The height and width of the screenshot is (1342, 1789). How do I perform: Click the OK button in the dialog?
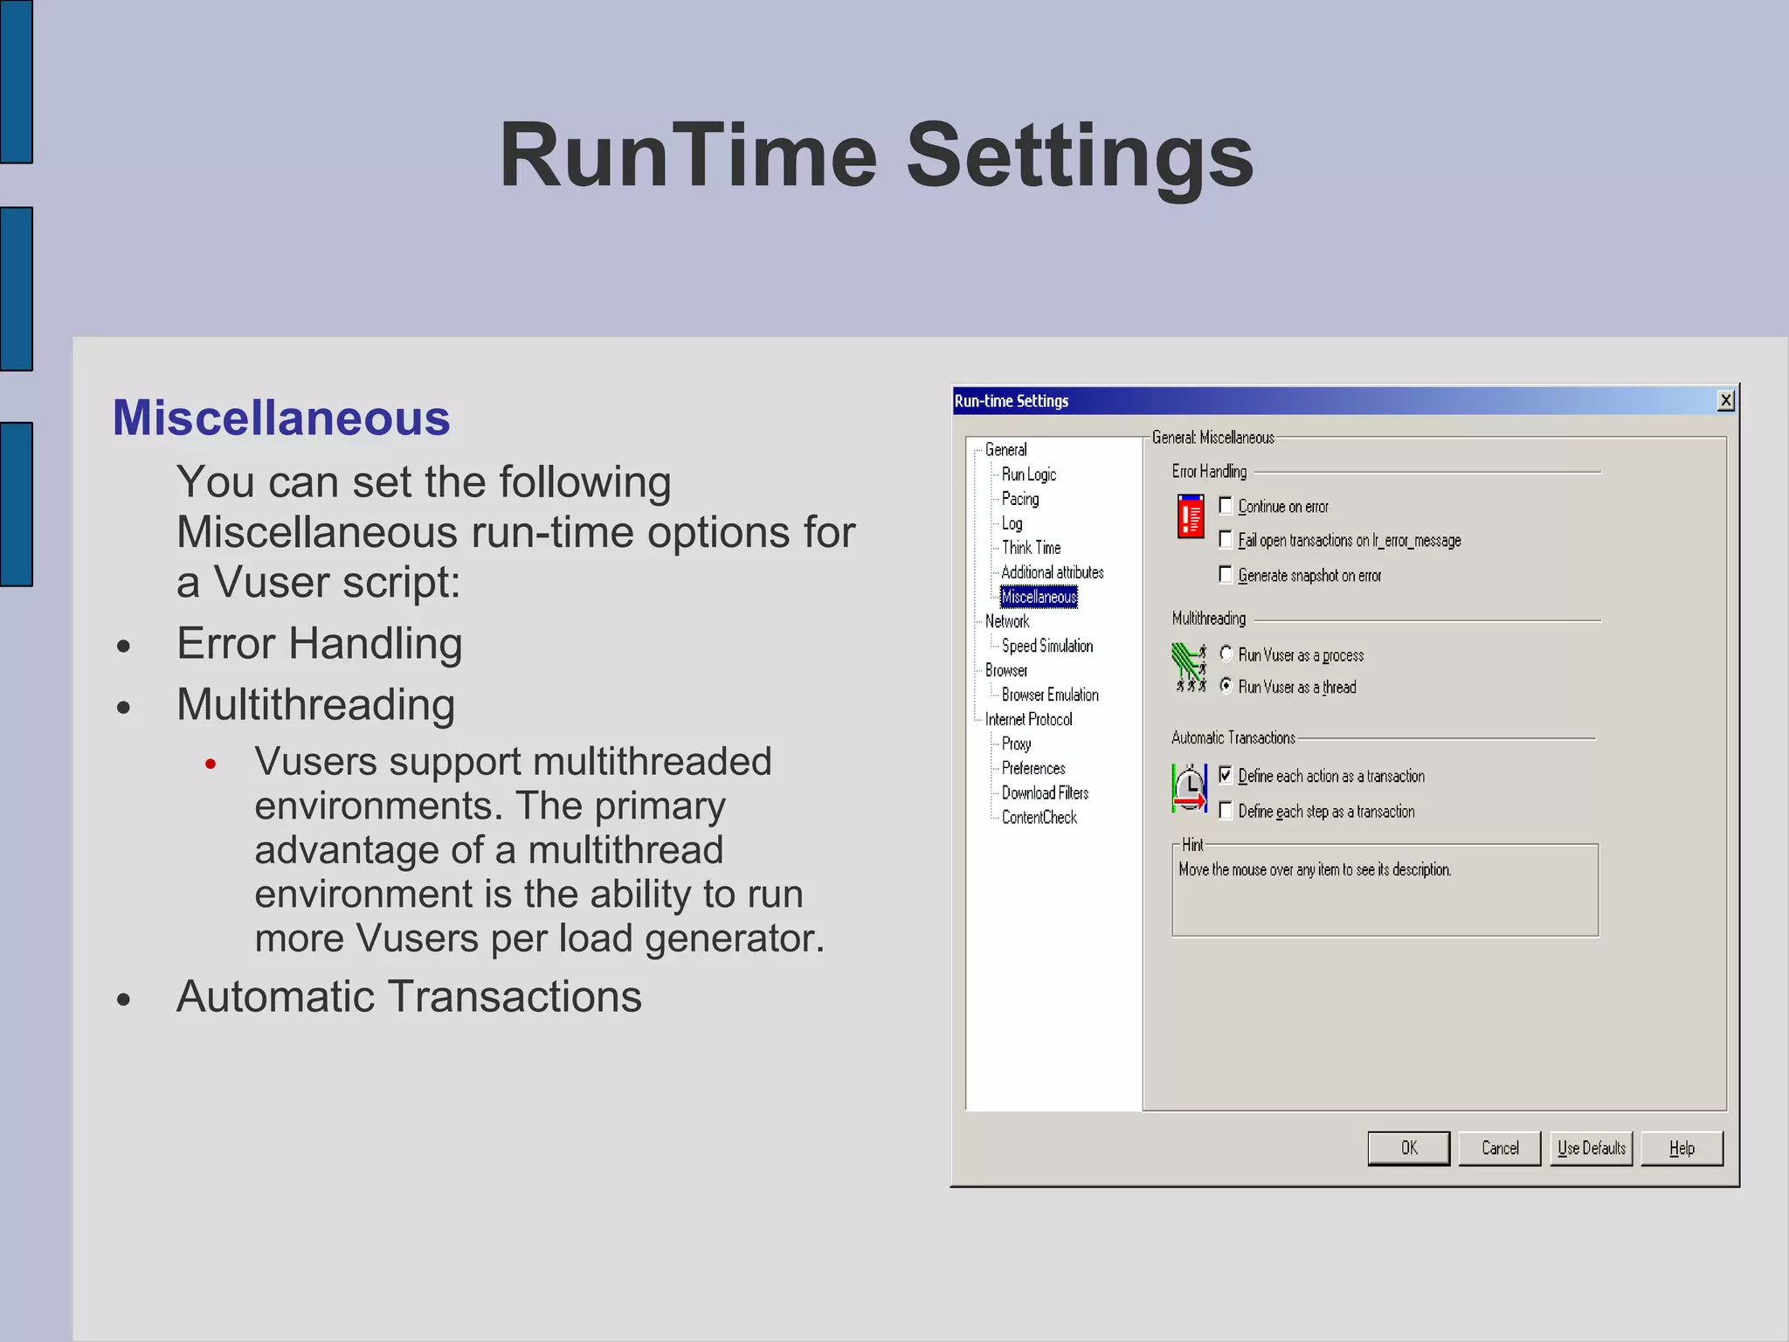(x=1408, y=1148)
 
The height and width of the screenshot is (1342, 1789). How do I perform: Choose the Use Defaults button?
(x=1591, y=1148)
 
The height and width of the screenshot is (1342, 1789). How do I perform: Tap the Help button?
(x=1682, y=1148)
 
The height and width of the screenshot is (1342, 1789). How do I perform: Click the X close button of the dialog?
(x=1725, y=400)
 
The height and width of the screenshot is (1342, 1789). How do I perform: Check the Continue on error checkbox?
(x=1226, y=506)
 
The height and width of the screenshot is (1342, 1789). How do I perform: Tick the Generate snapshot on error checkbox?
(x=1226, y=575)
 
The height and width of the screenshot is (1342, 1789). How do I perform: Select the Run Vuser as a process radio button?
(x=1226, y=654)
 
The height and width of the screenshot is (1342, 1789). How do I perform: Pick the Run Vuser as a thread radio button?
(x=1226, y=686)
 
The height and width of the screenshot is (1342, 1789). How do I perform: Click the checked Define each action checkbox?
(x=1226, y=775)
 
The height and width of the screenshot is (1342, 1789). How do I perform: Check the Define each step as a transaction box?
(x=1226, y=811)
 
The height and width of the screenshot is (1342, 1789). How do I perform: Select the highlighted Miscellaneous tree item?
(x=1039, y=597)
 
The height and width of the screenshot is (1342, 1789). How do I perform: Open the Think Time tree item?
(x=1031, y=548)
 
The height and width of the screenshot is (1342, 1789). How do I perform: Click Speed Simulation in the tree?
(x=1046, y=646)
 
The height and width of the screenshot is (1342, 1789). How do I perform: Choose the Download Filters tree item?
(x=1045, y=792)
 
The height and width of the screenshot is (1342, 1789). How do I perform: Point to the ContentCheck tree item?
(x=1039, y=817)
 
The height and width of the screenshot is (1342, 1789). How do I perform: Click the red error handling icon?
(x=1190, y=516)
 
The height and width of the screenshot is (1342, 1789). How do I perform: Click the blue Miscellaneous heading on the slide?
(x=281, y=418)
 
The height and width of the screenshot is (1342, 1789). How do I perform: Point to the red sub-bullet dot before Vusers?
(x=211, y=764)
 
